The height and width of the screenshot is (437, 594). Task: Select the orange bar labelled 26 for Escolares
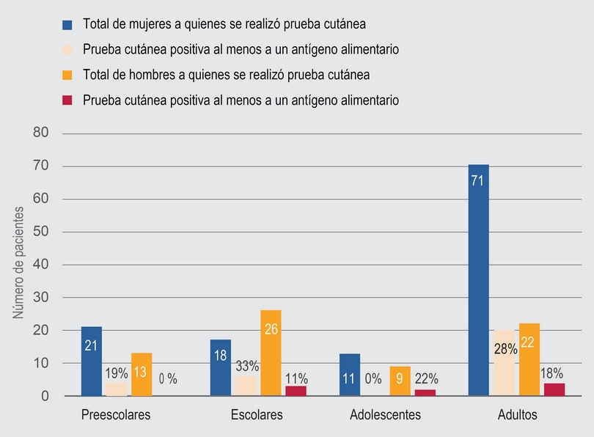tap(271, 353)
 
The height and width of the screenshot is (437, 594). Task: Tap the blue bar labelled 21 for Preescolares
tap(92, 361)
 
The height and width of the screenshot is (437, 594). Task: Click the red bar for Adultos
tap(554, 389)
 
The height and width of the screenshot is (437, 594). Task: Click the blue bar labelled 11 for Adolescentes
tap(350, 375)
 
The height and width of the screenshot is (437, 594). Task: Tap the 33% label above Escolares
tap(246, 366)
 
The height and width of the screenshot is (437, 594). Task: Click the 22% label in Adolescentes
tap(426, 379)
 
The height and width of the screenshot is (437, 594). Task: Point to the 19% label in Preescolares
tap(116, 372)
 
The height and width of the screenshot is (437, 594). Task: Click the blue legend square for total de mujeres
tap(67, 24)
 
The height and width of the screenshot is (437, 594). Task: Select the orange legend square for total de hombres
tap(67, 75)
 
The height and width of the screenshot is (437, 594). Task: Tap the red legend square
tap(67, 100)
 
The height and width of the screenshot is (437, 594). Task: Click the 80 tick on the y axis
tap(40, 133)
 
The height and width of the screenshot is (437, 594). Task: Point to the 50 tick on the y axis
tap(40, 232)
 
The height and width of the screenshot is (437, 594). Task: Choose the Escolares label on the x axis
tap(257, 415)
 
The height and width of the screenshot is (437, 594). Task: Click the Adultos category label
tap(517, 415)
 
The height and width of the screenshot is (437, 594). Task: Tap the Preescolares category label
tap(116, 415)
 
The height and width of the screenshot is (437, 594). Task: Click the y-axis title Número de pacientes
tap(20, 262)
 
